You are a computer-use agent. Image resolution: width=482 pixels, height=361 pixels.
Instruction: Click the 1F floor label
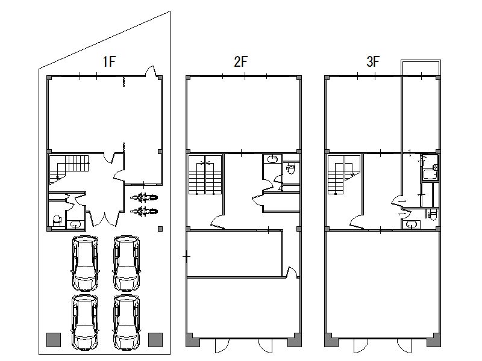109,61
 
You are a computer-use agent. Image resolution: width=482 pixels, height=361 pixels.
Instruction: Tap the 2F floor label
240,61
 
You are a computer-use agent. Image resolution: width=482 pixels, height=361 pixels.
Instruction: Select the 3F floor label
373,61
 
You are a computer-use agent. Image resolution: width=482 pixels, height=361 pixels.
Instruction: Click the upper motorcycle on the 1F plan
144,197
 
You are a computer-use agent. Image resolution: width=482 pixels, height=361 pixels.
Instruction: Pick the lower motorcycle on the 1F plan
144,211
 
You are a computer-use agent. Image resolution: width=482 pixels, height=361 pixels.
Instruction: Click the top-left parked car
85,263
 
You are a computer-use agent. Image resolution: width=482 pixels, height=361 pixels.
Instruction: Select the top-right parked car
127,263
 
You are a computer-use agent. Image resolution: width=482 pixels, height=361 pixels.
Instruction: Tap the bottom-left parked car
85,322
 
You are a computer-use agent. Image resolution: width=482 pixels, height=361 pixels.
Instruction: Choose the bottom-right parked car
127,322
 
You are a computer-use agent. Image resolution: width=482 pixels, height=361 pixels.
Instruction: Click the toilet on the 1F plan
57,220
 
